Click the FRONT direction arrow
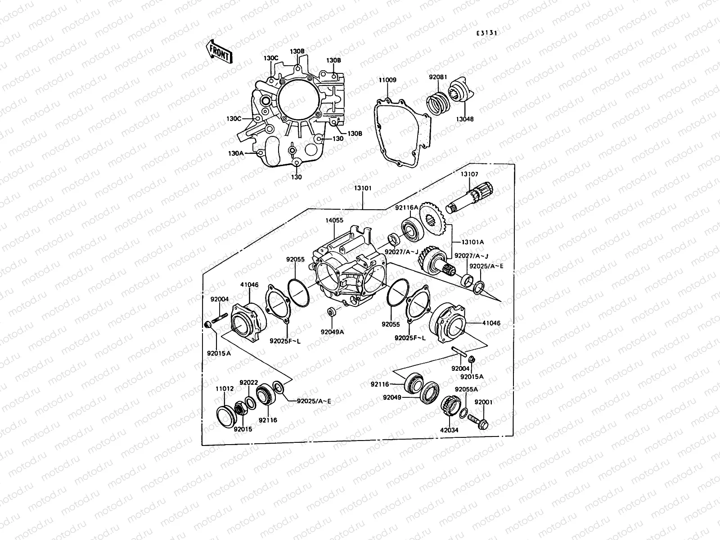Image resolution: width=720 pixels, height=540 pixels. pos(219,51)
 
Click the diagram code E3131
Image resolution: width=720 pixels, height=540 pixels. pos(487,33)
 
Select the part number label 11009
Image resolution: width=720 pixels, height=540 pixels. pos(387,80)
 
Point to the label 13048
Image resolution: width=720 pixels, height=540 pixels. pos(465,119)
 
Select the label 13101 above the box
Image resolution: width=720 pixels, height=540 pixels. pos(362,188)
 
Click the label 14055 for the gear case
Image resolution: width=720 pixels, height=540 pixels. pos(334,220)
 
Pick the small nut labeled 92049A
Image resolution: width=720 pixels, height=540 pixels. pos(331,311)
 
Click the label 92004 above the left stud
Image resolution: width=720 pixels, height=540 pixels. pos(220,299)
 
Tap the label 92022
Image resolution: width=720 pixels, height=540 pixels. pos(247,382)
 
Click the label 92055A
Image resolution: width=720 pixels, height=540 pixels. pos(466,389)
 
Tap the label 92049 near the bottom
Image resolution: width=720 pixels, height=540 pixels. pos(392,397)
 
